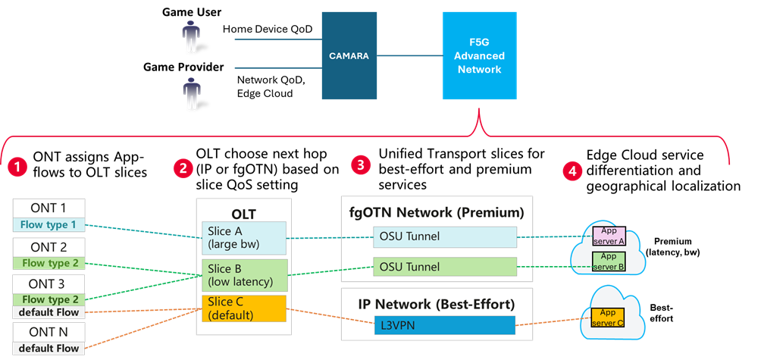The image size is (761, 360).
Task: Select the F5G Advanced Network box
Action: [479, 55]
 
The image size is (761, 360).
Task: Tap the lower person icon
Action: [192, 92]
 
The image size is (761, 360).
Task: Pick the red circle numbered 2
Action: [182, 168]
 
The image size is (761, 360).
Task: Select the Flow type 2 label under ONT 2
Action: [49, 263]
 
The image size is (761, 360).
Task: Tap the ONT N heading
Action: [49, 333]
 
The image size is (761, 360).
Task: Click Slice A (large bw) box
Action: [243, 237]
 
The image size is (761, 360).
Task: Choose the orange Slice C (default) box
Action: [243, 308]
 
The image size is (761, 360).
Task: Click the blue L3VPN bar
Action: [445, 325]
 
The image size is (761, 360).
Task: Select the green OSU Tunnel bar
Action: [445, 266]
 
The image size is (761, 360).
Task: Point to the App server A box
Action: [608, 236]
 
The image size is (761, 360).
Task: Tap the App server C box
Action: [608, 316]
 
